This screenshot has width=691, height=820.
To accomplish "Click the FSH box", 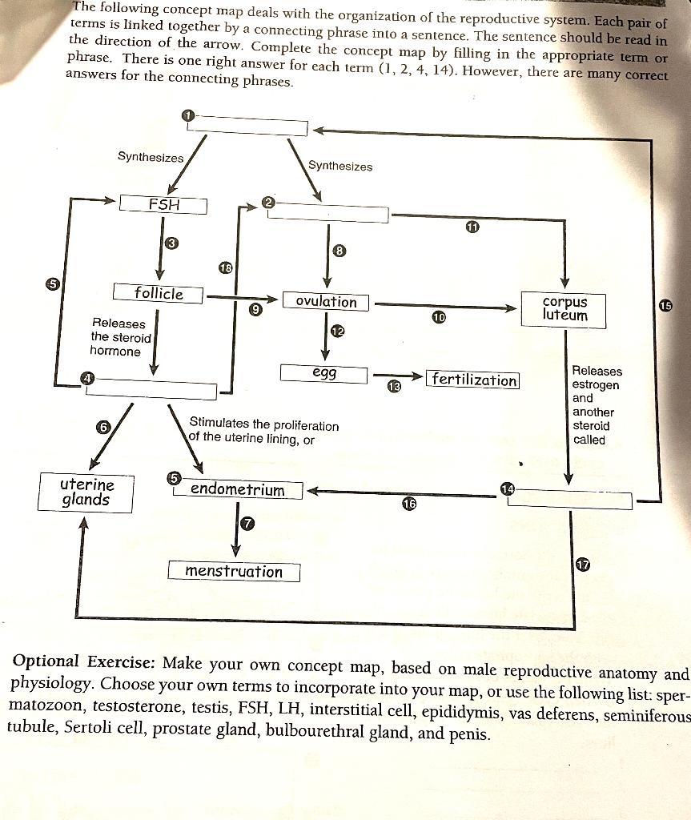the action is click(163, 204).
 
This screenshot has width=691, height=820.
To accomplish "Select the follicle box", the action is click(158, 293).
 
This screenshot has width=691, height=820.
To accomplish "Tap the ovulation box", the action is click(326, 302).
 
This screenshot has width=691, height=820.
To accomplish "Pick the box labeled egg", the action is click(323, 373).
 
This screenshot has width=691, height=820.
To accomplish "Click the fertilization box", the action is click(473, 379).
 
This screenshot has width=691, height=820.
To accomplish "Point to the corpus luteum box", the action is click(564, 310).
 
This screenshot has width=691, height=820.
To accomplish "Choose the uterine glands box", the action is click(86, 492).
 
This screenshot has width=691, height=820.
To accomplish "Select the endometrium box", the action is click(238, 489).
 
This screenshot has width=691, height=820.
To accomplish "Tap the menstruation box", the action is click(234, 572).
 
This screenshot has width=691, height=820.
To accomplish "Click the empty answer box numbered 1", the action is click(247, 126).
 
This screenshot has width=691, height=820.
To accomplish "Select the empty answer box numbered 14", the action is click(569, 500).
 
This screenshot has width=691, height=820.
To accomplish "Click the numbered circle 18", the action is click(225, 268).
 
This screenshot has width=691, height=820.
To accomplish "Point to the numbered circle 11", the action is click(472, 227).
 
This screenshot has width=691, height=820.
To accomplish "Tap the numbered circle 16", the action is click(409, 504).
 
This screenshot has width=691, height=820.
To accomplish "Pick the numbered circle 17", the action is click(582, 565).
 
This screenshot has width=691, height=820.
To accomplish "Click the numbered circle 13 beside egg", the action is click(394, 387).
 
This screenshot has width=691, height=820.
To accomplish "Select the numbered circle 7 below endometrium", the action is click(247, 524).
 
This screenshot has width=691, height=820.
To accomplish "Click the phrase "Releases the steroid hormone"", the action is click(120, 337).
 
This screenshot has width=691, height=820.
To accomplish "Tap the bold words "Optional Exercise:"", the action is click(83, 661).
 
